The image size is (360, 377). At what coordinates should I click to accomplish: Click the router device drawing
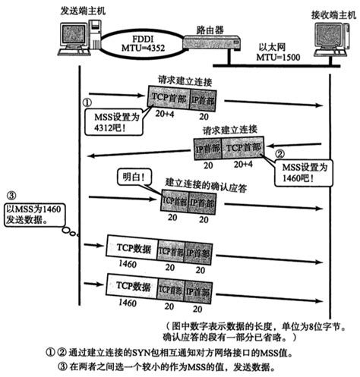tap(213, 43)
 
